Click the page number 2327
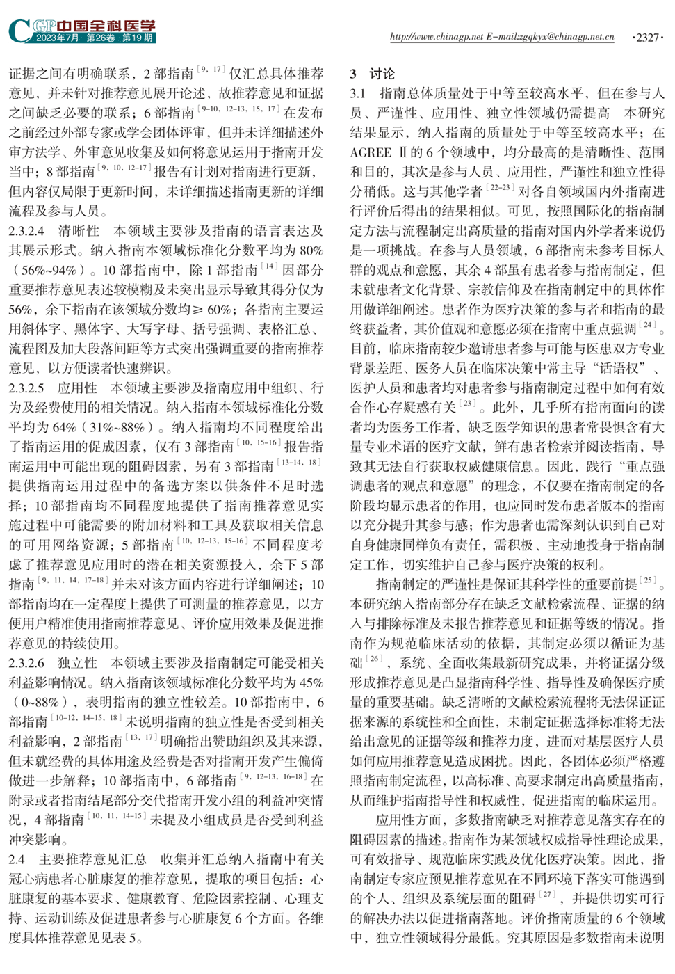648,37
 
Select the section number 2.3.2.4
27,230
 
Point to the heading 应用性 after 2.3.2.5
78,388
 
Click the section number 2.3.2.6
27,663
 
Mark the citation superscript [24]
648,324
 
